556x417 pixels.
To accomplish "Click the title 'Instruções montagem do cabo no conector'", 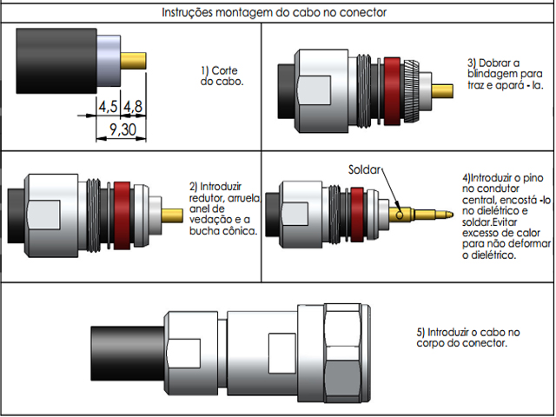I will point(274,13).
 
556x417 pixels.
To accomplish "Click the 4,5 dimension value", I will point(109,106).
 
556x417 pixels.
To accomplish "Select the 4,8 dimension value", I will point(134,106).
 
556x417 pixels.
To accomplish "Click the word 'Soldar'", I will point(365,169).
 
